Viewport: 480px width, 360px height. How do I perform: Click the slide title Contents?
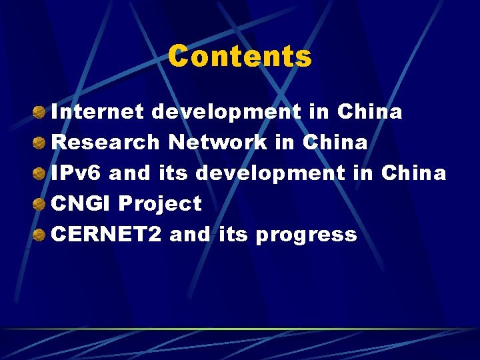[239, 56]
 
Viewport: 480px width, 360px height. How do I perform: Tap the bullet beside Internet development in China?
[40, 111]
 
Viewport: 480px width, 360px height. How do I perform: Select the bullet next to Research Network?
[40, 142]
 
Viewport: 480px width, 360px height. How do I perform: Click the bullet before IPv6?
[40, 173]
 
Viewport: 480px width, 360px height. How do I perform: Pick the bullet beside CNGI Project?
[40, 203]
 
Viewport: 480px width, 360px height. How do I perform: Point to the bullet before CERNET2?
[40, 234]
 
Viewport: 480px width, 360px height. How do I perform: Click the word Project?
[159, 203]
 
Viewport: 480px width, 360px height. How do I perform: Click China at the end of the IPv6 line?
[413, 173]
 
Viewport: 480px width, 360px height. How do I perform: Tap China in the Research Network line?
[335, 142]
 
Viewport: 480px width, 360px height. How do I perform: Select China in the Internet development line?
[369, 111]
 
